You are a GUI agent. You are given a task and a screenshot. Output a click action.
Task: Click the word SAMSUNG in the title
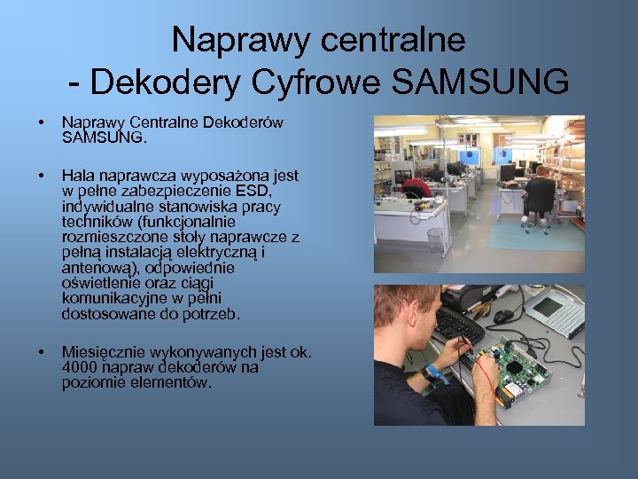(479, 82)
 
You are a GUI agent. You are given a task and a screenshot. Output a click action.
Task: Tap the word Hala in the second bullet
(77, 176)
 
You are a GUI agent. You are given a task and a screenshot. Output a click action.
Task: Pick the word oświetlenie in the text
(98, 282)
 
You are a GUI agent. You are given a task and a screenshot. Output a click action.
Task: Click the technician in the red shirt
(416, 186)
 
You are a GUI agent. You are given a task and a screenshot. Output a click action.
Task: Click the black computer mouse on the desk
(504, 316)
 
